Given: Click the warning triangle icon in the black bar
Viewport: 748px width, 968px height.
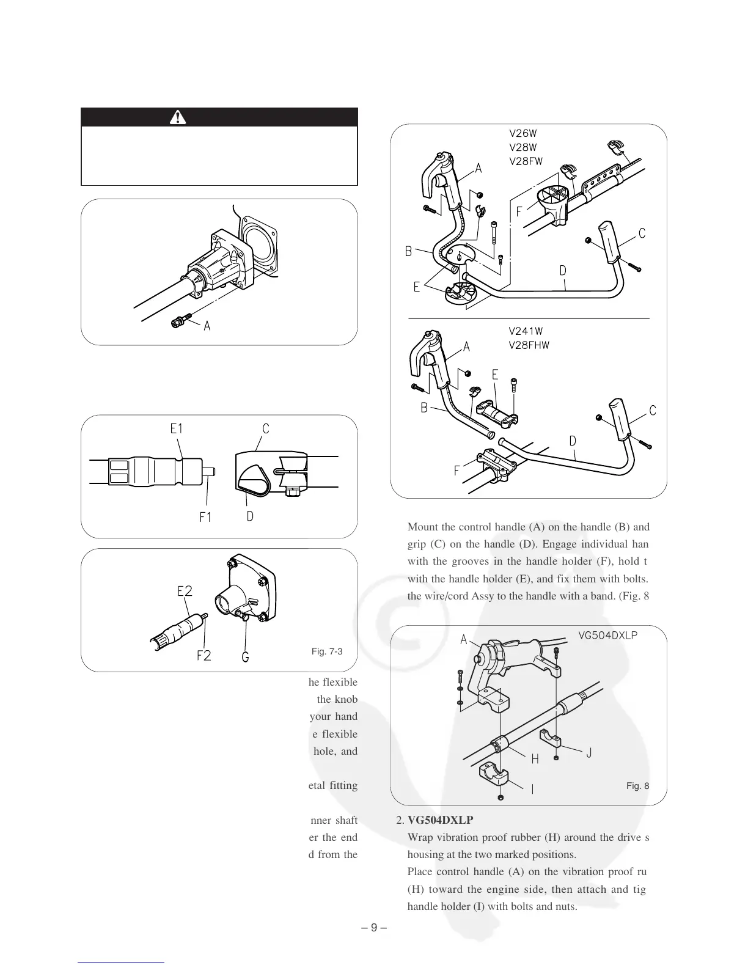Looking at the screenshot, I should coord(178,117).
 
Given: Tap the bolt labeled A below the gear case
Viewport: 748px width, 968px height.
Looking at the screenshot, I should coord(182,320).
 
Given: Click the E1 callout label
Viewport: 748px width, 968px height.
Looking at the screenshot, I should coord(177,429).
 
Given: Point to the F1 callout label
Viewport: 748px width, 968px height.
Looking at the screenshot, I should coord(205,517).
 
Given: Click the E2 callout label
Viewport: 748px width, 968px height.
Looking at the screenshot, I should coord(185,591).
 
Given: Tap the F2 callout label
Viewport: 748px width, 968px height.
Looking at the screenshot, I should coord(204,656).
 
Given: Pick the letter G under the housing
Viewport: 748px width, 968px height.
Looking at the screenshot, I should coord(245,658).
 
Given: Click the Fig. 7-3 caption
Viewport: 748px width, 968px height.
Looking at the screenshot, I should coord(327,651).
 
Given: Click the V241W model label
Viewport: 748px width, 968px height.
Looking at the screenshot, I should coord(526,331).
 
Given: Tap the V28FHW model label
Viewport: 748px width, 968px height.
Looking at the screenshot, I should coord(529,345).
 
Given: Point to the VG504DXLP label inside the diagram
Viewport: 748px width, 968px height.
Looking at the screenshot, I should coord(608,635).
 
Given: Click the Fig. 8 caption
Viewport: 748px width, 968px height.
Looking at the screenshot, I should coord(638,786).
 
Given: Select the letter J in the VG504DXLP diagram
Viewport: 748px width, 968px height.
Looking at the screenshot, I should coord(588,753).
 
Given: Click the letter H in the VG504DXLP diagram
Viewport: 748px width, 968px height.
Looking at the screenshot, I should coord(535,760).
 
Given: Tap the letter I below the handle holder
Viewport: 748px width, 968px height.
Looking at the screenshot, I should coord(532,789).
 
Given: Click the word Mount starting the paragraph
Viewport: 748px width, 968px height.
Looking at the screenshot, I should coord(420,527).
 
